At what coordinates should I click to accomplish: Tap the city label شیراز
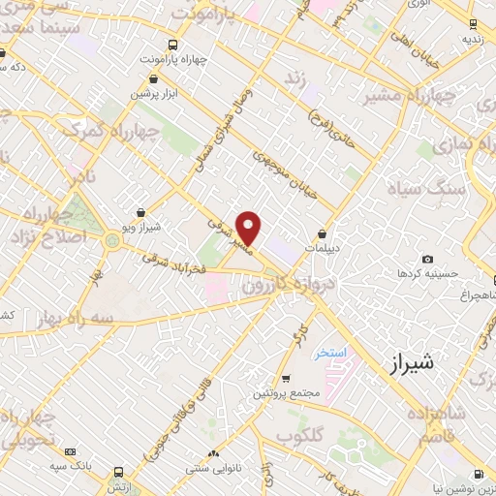click(x=411, y=363)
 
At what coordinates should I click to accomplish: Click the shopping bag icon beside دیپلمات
click(x=322, y=232)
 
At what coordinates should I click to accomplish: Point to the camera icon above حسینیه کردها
click(x=427, y=260)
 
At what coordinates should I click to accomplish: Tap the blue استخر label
click(x=330, y=353)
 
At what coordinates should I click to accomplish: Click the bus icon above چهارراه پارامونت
click(x=172, y=45)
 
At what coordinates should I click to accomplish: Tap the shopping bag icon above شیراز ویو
click(x=142, y=212)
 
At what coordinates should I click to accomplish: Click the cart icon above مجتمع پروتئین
click(x=285, y=379)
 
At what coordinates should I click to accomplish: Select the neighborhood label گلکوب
click(x=298, y=436)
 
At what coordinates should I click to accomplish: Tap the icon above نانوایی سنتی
click(x=213, y=452)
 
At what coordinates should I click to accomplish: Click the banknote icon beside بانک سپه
click(x=70, y=452)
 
